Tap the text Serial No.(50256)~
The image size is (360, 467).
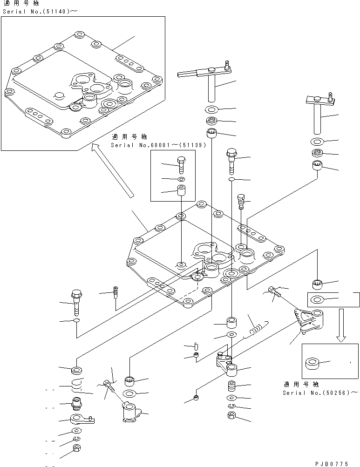320,393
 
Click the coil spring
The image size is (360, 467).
255,327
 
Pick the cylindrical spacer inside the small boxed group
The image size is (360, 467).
181,191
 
